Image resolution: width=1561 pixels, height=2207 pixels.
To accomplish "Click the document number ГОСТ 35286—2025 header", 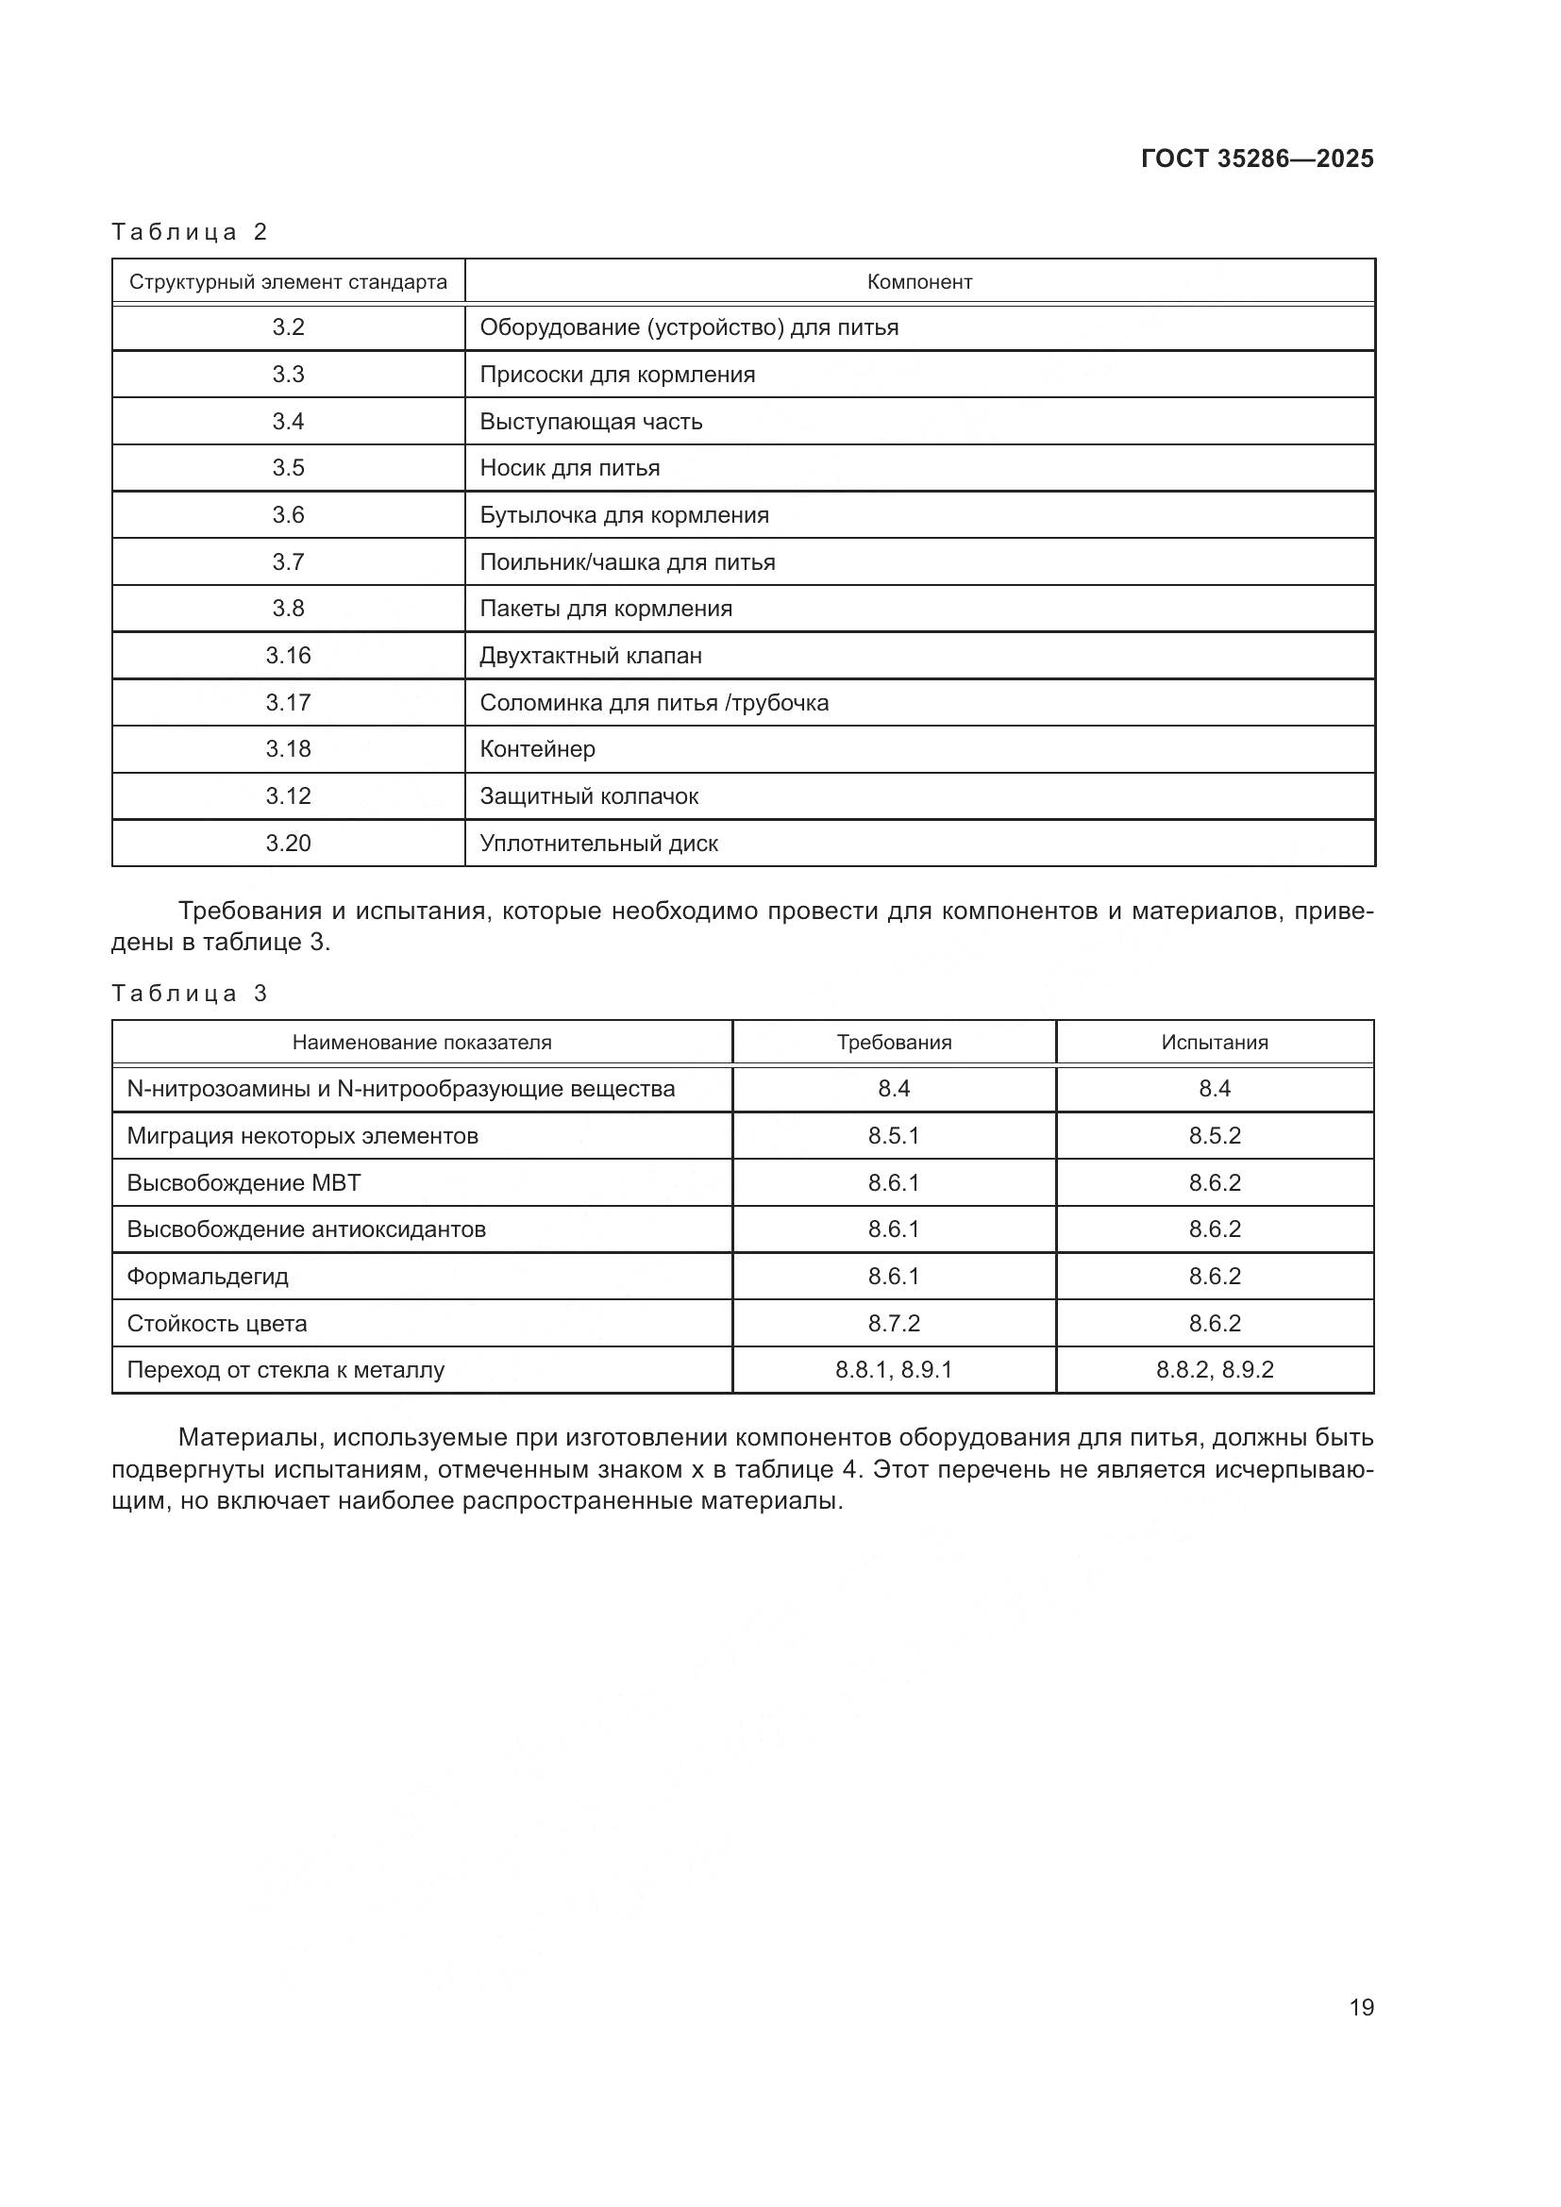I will (1256, 159).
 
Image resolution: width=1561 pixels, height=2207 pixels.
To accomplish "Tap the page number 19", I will (1361, 2007).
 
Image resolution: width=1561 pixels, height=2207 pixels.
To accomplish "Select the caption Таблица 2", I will (190, 232).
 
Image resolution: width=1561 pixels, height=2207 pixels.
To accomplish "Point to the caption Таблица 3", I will (190, 993).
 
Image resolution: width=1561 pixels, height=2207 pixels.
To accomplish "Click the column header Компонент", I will (919, 281).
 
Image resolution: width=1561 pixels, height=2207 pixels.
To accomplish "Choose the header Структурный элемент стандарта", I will (288, 281).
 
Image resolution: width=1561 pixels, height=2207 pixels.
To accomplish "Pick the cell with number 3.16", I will (288, 656).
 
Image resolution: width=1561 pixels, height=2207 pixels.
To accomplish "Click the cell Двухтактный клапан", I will (590, 656).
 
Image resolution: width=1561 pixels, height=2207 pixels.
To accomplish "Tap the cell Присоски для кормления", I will (617, 375).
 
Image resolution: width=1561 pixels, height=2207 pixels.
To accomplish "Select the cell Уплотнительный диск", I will (599, 843).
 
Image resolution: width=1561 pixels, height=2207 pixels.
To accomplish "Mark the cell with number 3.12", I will (288, 796).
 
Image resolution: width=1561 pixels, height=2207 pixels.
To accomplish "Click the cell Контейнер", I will (537, 749).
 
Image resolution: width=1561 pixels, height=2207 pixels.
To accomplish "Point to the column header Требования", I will (893, 1042).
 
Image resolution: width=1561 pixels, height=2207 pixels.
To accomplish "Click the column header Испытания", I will (1214, 1042).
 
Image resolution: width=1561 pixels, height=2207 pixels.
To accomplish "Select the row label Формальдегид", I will (208, 1277).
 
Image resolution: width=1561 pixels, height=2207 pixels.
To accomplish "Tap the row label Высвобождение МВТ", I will (244, 1182).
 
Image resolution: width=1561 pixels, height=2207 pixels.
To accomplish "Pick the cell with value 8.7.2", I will (893, 1324).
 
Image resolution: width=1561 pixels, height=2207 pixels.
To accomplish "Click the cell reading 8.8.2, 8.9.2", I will (1214, 1370).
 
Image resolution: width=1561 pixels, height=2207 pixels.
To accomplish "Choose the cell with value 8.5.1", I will (893, 1136).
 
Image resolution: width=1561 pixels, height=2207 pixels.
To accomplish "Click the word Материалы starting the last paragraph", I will (248, 1438).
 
